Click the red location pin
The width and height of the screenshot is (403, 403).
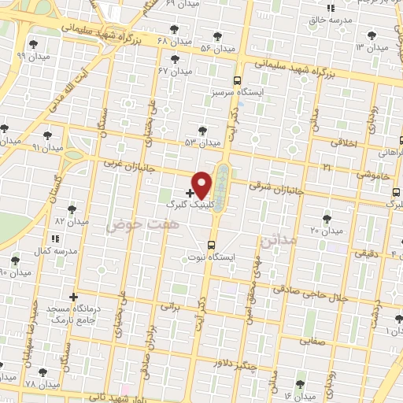coord(202,184)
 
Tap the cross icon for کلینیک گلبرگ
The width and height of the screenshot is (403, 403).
coord(190,192)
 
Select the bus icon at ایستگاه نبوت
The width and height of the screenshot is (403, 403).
coord(211,245)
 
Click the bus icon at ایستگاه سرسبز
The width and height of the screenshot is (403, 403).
coord(237,80)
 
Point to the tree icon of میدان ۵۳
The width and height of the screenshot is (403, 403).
coord(204,131)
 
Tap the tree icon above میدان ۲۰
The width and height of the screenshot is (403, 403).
coord(327,218)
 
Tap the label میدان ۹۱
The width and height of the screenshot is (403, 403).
coord(46,146)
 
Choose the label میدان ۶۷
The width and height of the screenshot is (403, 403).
coord(175,71)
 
